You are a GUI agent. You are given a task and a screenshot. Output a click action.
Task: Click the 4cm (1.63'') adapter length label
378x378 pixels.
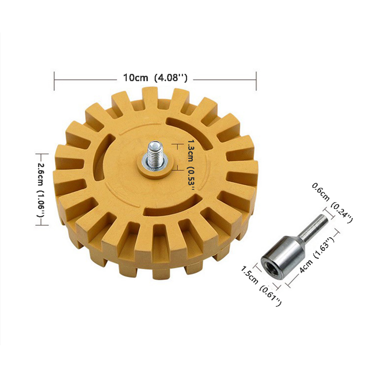point(316,255)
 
